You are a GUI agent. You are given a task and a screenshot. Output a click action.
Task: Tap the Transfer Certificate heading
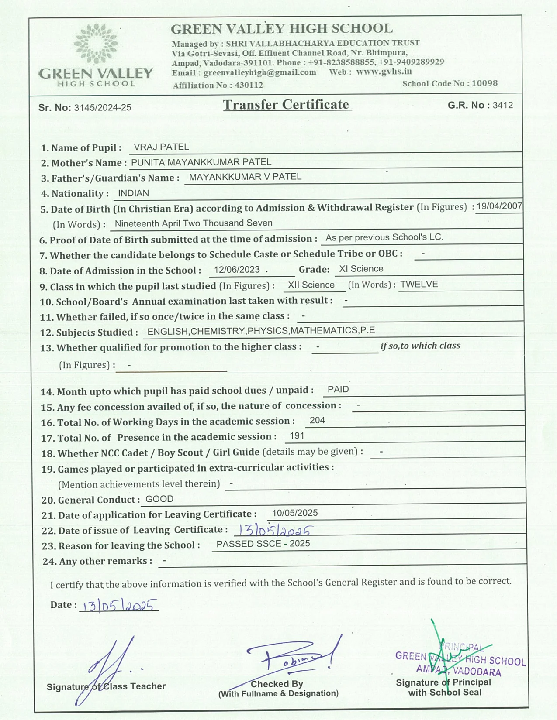(x=287, y=105)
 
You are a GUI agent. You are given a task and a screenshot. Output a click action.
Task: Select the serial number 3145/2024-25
(x=103, y=108)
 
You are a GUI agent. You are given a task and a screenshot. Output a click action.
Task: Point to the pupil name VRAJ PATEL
(x=161, y=147)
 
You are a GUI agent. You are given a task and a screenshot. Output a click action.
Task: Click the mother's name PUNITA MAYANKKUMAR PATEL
(x=201, y=162)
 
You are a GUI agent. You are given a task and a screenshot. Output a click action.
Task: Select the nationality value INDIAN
(x=133, y=193)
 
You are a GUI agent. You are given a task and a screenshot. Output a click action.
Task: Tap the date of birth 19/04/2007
(x=499, y=206)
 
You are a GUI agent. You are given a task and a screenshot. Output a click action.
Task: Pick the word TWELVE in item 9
(x=419, y=285)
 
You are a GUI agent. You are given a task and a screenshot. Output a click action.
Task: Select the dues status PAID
(x=338, y=390)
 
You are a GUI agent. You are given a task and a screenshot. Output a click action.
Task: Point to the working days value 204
(x=317, y=420)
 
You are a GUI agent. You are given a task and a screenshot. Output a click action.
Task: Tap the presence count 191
(x=297, y=436)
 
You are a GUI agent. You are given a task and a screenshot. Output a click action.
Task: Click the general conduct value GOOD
(x=159, y=499)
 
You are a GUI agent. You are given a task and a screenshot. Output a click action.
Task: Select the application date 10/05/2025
(x=294, y=513)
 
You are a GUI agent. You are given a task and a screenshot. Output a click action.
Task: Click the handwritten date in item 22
(x=274, y=530)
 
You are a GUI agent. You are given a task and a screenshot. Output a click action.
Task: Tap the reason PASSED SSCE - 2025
(x=263, y=544)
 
